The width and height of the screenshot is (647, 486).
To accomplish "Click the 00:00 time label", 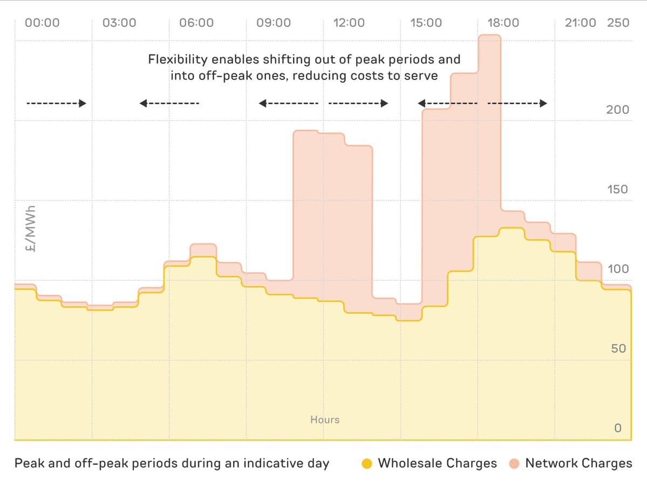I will point(42,23).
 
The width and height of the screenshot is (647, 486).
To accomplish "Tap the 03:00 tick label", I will point(119,23).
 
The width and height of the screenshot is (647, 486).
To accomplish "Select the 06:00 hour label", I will point(196,23).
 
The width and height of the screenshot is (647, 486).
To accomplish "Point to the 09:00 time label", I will point(274,23).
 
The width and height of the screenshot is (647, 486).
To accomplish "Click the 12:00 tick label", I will point(349,23).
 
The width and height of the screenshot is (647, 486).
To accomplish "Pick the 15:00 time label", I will point(426,23).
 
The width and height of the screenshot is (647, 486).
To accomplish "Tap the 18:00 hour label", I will point(503,23).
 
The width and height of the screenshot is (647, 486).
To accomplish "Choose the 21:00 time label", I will point(581,23).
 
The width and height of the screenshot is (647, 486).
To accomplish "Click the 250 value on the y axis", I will point(618,23).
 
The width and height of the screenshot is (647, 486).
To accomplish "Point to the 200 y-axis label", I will point(618,110).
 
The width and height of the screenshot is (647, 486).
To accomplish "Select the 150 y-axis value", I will point(618,189).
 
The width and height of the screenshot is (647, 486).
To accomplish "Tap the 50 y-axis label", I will point(618,348).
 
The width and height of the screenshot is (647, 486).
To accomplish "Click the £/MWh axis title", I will point(30,228).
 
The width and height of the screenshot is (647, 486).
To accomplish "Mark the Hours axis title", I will point(325,420).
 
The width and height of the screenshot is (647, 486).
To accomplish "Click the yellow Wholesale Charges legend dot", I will point(367,463).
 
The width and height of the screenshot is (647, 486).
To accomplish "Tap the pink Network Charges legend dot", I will point(514,463).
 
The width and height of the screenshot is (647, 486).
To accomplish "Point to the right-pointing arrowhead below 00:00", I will point(83,103).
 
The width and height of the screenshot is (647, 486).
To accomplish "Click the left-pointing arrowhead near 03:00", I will point(142,103).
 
